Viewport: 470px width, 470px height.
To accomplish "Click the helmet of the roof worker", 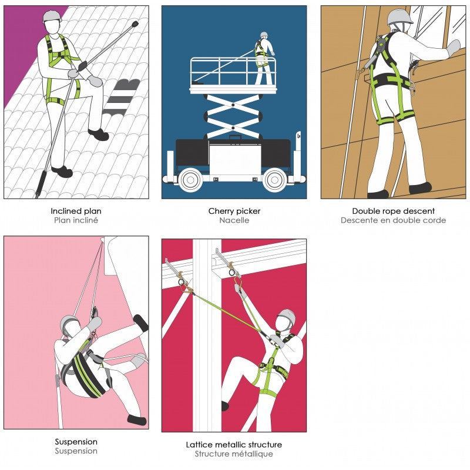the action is (x=52, y=16).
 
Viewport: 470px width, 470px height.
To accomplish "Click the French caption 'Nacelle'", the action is (x=234, y=220).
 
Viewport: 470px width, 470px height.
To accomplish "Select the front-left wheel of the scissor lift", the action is (x=190, y=180).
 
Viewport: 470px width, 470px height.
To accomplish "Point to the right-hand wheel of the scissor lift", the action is (x=274, y=180).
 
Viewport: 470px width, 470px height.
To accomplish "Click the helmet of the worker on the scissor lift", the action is (x=264, y=34).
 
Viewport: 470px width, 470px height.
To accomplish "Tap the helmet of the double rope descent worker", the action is (x=399, y=17).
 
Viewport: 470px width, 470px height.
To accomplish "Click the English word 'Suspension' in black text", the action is (x=76, y=442).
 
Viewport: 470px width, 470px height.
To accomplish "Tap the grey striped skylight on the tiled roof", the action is (x=122, y=97).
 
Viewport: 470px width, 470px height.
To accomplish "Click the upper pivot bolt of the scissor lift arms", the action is (x=233, y=105).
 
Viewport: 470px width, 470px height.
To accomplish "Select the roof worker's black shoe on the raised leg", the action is (x=99, y=134).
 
